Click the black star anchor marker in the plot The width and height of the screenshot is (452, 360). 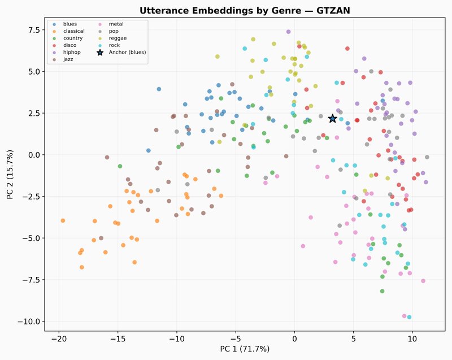coord(332,118)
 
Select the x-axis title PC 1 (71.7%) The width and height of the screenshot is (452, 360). coord(245,349)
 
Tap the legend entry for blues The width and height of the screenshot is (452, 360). coord(69,24)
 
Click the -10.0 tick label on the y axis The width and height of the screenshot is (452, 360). coord(26,321)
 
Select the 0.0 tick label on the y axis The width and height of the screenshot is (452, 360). coord(30,154)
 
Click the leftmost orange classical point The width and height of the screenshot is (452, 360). coord(63,220)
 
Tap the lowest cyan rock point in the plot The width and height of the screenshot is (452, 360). coord(409,317)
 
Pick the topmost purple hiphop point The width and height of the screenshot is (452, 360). coord(288,32)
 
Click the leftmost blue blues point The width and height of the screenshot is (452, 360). coord(149,150)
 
